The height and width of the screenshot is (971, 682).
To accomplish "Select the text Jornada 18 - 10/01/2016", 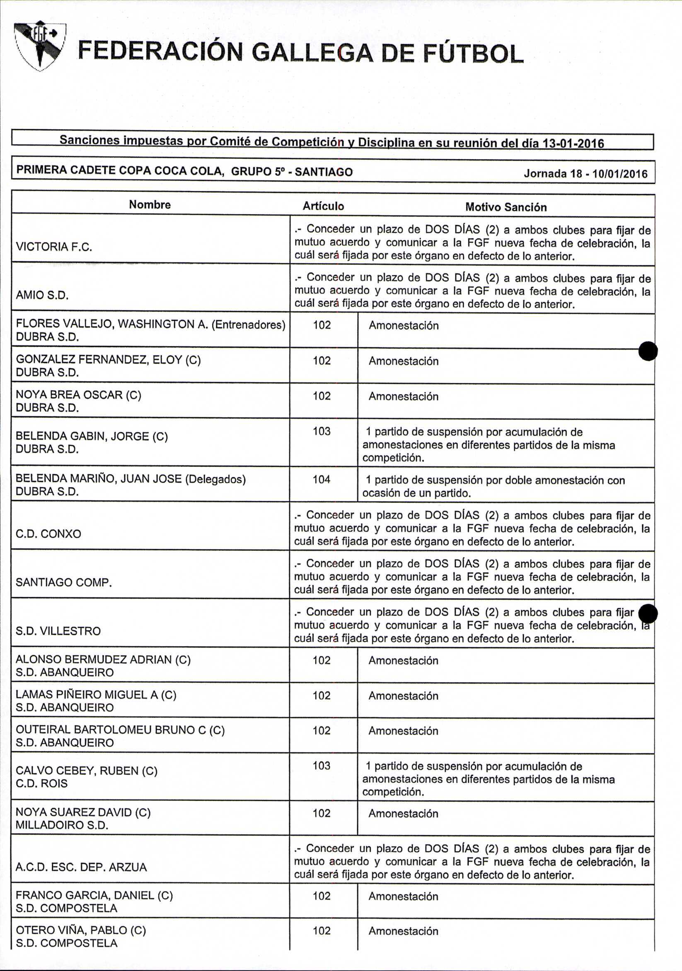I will [585, 174].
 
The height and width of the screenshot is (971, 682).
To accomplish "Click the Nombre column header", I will [150, 205].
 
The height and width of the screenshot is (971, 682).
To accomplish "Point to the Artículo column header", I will [323, 207].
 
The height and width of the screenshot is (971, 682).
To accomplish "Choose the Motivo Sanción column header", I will [506, 207].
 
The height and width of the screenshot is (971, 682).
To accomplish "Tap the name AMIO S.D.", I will [42, 295].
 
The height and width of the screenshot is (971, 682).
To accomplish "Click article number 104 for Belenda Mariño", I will [321, 480].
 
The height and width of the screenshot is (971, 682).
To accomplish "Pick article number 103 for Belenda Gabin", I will [321, 431].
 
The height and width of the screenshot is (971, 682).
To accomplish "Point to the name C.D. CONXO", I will [48, 534].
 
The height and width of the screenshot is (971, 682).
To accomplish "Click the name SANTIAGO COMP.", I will [63, 582].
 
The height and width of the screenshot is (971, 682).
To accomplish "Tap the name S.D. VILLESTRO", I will [58, 631].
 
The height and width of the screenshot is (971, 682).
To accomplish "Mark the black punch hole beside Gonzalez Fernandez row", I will [648, 351].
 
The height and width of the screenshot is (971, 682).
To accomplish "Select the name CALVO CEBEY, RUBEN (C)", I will [86, 771].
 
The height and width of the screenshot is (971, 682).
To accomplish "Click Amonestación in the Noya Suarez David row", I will [403, 814].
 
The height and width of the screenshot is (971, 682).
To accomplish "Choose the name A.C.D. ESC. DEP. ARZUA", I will [81, 868].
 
